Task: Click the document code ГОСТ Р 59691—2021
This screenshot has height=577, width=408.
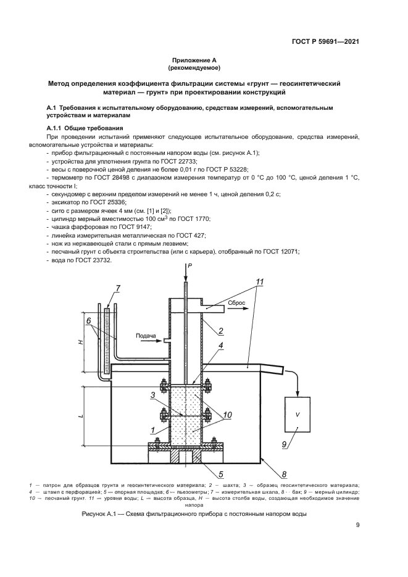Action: [325, 41]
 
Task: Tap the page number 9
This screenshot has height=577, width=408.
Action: [357, 525]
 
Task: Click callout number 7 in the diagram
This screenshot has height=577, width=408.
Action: [117, 288]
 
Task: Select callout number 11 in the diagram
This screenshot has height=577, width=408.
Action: [259, 282]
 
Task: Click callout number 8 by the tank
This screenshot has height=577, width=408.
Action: [284, 474]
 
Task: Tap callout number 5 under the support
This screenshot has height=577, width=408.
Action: [221, 474]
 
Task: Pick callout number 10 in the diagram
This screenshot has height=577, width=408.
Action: [227, 415]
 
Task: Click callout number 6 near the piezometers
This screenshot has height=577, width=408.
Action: [88, 320]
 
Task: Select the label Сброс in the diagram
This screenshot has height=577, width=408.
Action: [236, 303]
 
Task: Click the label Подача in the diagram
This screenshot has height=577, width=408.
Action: [146, 336]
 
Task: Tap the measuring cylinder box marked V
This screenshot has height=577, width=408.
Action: [298, 414]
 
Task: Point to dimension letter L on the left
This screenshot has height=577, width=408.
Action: [81, 416]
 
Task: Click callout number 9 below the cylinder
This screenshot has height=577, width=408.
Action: [284, 444]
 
